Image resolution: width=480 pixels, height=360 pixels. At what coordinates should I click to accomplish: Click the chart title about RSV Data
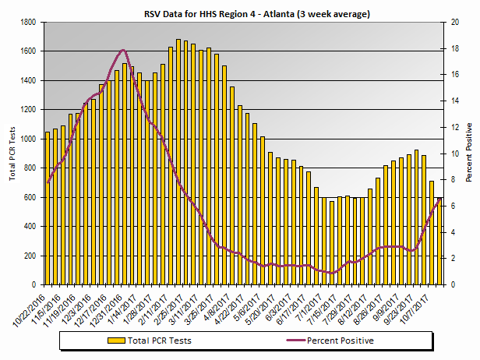click(x=245, y=13)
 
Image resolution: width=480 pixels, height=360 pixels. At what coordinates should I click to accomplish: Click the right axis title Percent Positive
click(x=469, y=152)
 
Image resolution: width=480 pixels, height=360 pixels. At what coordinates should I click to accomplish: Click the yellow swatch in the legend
click(x=115, y=341)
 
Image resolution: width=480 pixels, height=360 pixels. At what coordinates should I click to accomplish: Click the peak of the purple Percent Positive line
click(x=123, y=50)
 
